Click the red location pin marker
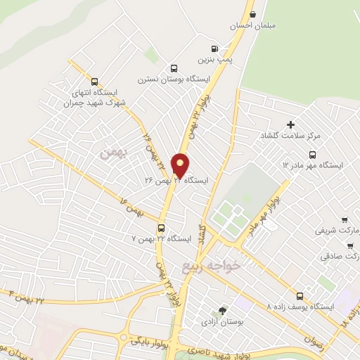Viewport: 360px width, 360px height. click(x=181, y=165)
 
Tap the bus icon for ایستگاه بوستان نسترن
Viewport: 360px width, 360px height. click(x=173, y=68)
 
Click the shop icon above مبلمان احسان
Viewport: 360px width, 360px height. click(x=253, y=14)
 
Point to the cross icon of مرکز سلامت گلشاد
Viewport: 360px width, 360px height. click(x=290, y=124)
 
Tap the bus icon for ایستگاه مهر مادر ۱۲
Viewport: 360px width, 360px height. click(x=312, y=155)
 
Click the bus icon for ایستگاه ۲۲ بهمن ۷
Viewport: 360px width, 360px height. click(x=162, y=228)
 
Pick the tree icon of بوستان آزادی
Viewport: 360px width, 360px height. click(x=223, y=310)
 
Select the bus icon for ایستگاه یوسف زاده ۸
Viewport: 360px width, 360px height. click(x=300, y=296)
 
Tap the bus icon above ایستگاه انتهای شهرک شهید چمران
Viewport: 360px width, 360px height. click(x=95, y=80)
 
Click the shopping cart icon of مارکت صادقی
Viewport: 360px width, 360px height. click(x=350, y=245)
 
